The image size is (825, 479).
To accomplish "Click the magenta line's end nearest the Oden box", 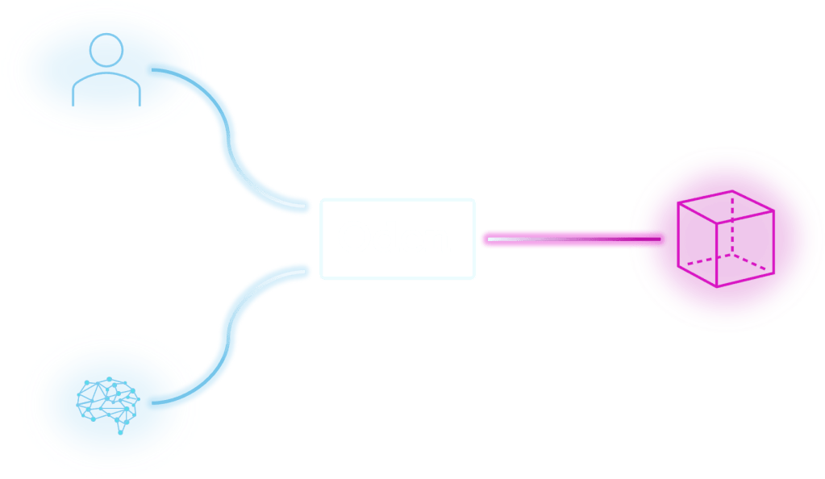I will [x=486, y=239].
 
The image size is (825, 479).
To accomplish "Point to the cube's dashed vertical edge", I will [x=732, y=226].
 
